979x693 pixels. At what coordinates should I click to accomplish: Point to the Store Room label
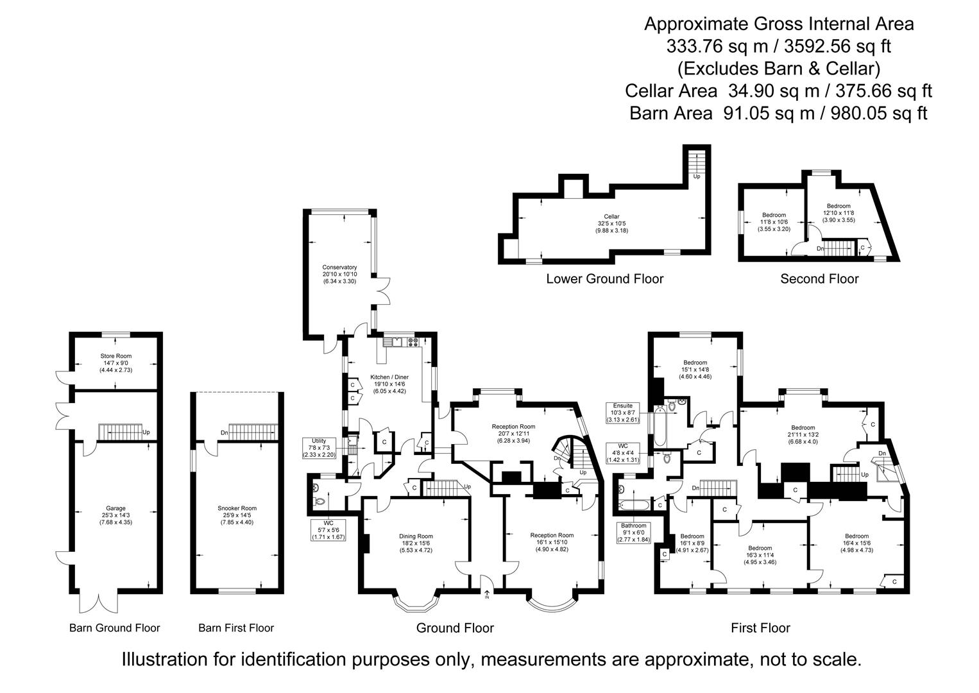tap(115, 363)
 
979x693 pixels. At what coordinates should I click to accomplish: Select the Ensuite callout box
tap(622, 413)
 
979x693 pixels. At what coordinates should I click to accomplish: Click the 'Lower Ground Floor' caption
tap(604, 278)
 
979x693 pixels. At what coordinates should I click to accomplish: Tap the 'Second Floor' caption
tap(819, 278)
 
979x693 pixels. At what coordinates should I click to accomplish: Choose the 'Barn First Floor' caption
tap(236, 628)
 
